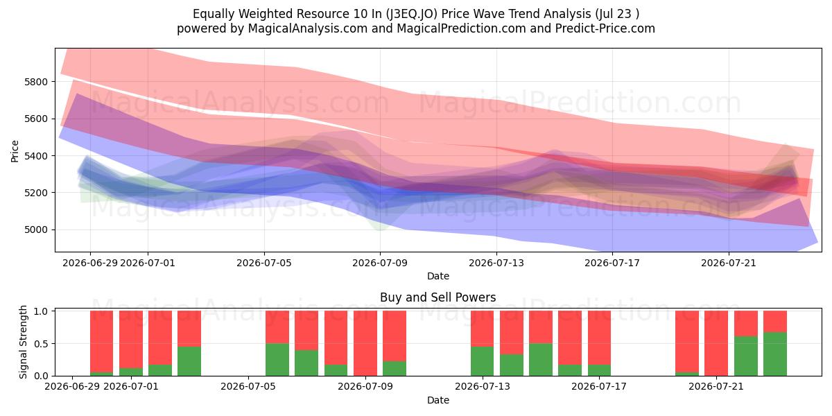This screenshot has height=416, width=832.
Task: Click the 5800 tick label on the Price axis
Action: coord(36,82)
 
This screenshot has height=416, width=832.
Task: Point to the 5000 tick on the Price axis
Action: coord(36,230)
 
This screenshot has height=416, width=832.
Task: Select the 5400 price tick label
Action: coord(36,156)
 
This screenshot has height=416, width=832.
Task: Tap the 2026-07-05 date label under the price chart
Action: coord(264,263)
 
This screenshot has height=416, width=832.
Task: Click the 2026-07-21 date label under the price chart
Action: coord(729,263)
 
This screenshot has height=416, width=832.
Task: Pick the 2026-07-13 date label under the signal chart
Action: coord(483,387)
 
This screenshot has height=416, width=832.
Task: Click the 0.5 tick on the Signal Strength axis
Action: coord(41,344)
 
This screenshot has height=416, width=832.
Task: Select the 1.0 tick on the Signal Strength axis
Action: coord(41,311)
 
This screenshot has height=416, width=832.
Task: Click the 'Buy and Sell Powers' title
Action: coord(438,297)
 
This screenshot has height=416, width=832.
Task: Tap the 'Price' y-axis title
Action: coord(15,151)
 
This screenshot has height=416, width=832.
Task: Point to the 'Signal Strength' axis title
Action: coord(23,342)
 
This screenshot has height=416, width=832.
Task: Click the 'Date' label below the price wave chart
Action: coord(438,276)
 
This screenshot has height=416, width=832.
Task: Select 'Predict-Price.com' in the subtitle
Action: coord(605,28)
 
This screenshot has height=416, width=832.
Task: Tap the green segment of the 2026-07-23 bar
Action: coord(775,354)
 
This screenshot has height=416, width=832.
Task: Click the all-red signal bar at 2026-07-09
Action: coord(365,343)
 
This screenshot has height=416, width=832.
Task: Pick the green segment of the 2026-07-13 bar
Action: coord(483,361)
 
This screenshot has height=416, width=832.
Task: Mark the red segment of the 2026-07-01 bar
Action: coord(131,340)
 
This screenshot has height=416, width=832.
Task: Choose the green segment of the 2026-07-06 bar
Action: coord(277,360)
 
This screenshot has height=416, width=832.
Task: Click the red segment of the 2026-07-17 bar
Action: coord(599,338)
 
